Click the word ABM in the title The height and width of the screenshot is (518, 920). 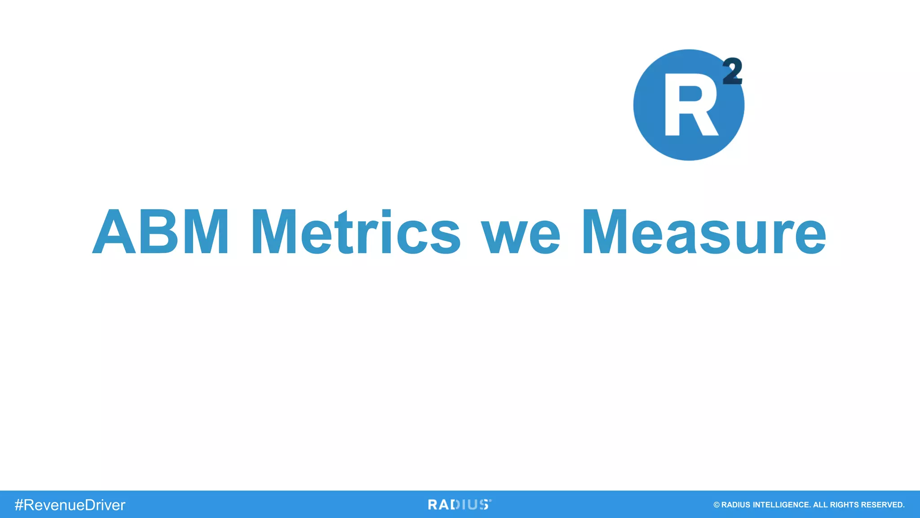click(161, 232)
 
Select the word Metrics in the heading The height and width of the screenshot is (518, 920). click(356, 232)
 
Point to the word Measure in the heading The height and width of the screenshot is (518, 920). click(704, 232)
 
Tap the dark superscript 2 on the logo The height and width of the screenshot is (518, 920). click(732, 71)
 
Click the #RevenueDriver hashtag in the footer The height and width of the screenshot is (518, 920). click(70, 505)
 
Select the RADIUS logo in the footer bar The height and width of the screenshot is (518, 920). click(459, 505)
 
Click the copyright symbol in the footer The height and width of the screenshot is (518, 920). click(717, 505)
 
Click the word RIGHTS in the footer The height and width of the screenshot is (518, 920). click(844, 505)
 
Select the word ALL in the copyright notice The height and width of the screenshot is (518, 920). click(820, 505)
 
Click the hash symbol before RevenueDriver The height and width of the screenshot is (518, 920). click(19, 505)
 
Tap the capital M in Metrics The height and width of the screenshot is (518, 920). click(274, 232)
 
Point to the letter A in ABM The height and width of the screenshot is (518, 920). click(114, 232)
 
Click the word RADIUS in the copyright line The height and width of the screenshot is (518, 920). click(736, 505)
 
